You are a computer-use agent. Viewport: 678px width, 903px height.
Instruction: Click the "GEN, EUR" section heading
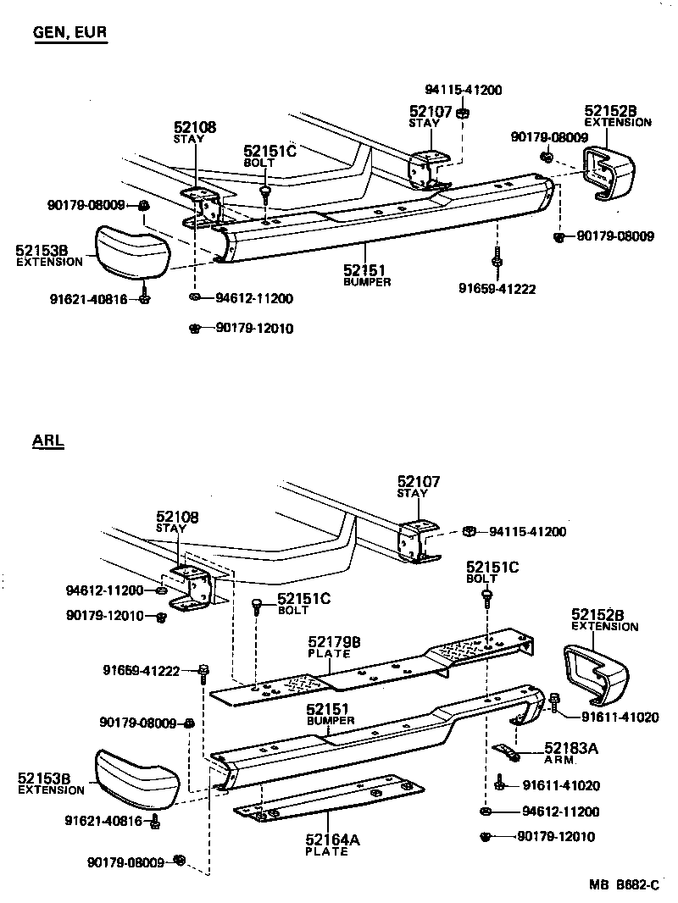[70, 33]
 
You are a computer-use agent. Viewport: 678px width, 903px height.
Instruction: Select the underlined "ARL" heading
[48, 440]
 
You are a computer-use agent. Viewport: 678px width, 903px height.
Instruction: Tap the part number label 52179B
[333, 644]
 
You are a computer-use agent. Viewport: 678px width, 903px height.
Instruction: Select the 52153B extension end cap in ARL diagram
[136, 778]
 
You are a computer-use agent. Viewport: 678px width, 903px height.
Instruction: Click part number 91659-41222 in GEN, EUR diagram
[497, 289]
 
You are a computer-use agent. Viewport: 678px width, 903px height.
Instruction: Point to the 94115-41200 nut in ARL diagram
[469, 532]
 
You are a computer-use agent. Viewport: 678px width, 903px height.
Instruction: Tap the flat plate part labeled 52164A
[331, 799]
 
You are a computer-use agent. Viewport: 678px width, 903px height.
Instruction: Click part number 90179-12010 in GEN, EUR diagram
[253, 329]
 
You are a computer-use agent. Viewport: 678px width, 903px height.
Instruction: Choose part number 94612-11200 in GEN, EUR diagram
[253, 298]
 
